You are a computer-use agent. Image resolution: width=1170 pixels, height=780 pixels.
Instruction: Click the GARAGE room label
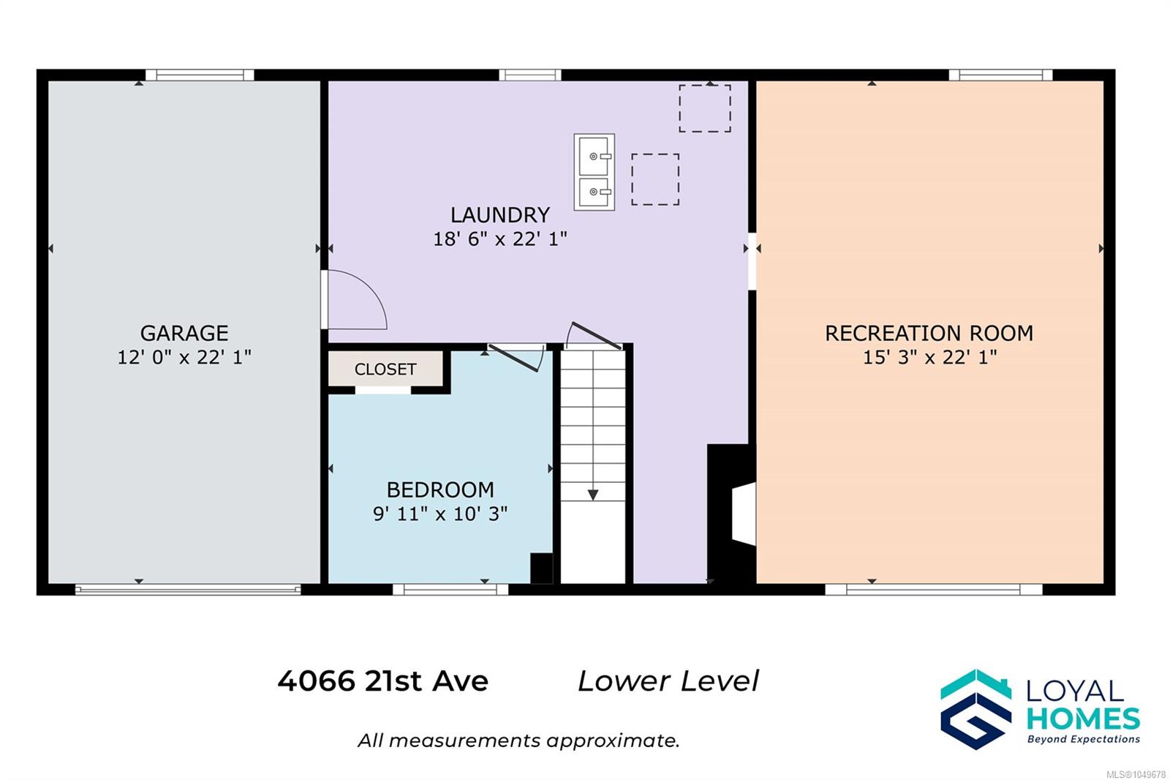click(x=184, y=334)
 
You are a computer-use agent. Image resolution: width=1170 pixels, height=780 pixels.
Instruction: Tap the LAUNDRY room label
click(x=500, y=215)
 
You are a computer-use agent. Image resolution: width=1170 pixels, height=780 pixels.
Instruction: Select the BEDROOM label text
click(x=440, y=490)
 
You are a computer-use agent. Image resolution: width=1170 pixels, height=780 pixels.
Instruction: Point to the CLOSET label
click(x=385, y=370)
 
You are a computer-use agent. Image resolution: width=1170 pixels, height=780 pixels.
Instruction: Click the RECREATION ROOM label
click(x=929, y=334)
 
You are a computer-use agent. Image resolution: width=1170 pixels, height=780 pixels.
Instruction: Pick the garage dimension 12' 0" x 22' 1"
click(x=184, y=358)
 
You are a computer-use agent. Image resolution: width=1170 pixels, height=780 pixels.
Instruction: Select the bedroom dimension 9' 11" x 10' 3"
click(x=440, y=514)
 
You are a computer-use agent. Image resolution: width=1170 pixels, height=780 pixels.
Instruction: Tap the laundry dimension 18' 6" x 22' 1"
click(x=500, y=239)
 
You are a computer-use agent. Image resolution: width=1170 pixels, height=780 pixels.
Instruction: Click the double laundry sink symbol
click(x=595, y=172)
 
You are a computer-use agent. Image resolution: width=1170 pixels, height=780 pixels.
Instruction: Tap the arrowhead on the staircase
click(x=593, y=495)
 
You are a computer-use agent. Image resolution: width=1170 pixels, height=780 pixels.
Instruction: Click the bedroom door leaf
click(x=513, y=358)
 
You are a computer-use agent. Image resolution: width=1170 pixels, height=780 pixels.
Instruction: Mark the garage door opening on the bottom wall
click(x=188, y=590)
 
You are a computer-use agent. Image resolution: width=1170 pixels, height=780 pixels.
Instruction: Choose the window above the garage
click(x=200, y=75)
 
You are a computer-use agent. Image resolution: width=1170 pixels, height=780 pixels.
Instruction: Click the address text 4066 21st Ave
click(x=383, y=681)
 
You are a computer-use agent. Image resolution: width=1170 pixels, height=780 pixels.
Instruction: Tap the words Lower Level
click(x=668, y=681)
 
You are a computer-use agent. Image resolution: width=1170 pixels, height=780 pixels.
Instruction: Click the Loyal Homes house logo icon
click(x=975, y=709)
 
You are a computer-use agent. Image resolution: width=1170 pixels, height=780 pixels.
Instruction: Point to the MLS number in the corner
click(x=1136, y=774)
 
